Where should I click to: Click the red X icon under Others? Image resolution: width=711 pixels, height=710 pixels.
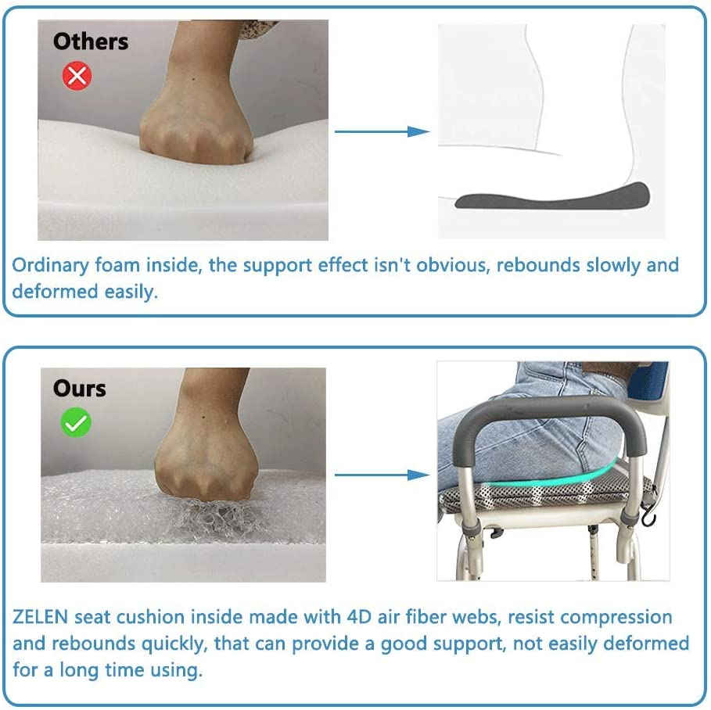pos(77,75)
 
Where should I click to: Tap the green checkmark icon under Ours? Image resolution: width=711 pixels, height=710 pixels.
pos(77,423)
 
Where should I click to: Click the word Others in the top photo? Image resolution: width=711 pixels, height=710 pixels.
pos(91,41)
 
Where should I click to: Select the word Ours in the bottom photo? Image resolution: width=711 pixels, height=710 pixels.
pos(79,388)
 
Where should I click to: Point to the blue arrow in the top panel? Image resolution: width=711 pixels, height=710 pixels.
pos(382,131)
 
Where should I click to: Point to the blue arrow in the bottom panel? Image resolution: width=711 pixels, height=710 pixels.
pos(382,475)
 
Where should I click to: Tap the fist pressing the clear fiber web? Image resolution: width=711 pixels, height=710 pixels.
pos(205,461)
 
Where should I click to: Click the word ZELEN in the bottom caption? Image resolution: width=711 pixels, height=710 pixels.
pos(41,617)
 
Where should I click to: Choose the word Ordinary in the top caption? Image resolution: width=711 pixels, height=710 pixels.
pos(49,265)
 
